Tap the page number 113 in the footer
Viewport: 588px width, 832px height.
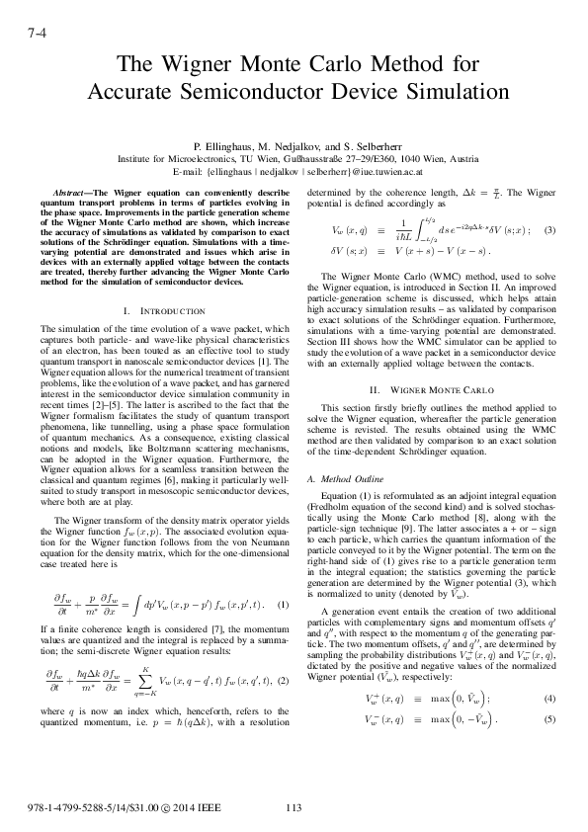tap(292, 807)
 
